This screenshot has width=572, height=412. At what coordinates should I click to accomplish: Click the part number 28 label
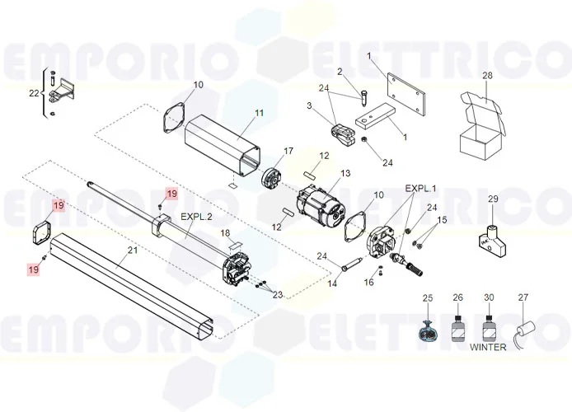point(487,76)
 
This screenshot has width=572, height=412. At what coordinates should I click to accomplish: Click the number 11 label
point(259,113)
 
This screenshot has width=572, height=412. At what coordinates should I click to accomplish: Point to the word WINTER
point(488,347)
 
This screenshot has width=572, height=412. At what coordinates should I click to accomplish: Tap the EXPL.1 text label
point(420,189)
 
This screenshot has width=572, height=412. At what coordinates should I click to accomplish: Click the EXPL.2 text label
point(196,217)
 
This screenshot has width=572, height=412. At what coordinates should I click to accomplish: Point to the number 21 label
point(133,250)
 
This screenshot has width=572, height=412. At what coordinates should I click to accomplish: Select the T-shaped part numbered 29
point(492,241)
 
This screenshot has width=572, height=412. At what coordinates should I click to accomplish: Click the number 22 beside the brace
point(34,93)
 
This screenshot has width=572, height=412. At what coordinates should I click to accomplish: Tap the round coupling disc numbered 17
point(272,180)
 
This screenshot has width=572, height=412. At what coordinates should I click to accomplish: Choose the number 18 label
point(226,233)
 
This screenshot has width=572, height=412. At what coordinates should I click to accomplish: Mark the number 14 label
point(332,283)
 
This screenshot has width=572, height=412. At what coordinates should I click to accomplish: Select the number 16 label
point(368,282)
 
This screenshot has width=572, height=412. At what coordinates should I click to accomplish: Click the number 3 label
point(309,105)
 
